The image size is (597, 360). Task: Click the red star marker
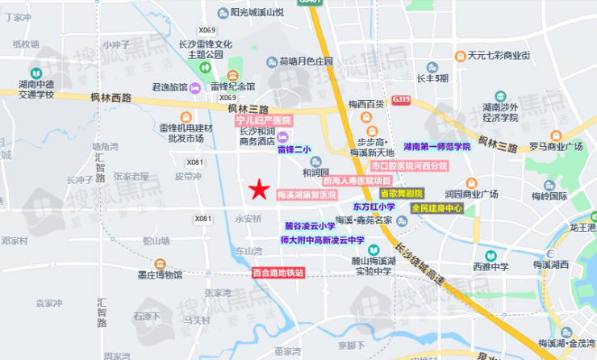(258, 190)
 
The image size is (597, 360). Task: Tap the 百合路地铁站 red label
(278, 273)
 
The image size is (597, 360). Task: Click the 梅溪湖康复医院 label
(307, 195)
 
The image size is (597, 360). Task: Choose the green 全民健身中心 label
(436, 208)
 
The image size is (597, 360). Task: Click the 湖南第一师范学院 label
(437, 147)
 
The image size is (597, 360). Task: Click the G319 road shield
(402, 100)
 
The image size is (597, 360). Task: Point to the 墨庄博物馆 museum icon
(161, 263)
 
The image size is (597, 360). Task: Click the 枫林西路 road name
(111, 98)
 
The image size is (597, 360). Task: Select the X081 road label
(202, 218)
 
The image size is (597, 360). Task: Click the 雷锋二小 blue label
(294, 149)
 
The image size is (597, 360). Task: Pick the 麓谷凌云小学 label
(310, 226)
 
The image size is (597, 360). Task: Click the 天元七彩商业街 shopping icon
(460, 56)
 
